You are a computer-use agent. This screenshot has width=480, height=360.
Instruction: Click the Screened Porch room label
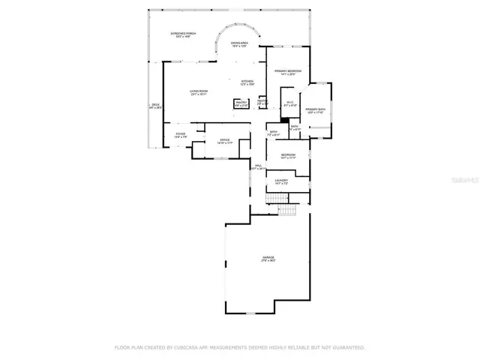coord(182,35)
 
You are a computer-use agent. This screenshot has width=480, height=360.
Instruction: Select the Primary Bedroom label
coord(289,73)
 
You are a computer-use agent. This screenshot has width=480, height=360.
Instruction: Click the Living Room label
coord(199,92)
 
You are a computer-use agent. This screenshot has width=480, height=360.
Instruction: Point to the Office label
coord(224,140)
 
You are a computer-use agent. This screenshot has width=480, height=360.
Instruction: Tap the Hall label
coord(258,166)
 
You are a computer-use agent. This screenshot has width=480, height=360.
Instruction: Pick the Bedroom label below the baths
coord(288,156)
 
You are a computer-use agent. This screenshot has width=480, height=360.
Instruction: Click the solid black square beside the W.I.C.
coord(285,118)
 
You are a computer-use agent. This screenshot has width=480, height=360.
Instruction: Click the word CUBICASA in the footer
coord(193,348)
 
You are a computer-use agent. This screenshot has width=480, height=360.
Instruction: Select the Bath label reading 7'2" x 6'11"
coord(274,133)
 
